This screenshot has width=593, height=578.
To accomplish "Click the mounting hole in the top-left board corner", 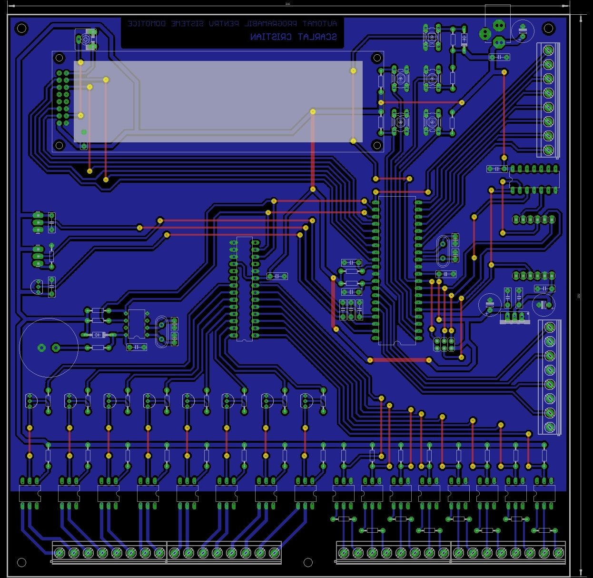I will coord(22,29).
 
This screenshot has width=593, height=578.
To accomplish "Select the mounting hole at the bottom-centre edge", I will coord(308,563).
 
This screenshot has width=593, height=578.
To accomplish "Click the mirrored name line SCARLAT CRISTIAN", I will coord(293,37).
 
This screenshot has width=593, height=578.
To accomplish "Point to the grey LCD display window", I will coord(218,101).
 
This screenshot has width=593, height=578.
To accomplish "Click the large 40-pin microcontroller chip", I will coord(397,270).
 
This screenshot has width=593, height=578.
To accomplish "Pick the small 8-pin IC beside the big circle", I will coord(137,324).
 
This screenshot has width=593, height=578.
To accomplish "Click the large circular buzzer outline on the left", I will coord(49,348).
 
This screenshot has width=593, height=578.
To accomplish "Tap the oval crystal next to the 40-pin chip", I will coord(443,251).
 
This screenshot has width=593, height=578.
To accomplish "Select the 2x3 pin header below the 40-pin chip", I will coord(444,344).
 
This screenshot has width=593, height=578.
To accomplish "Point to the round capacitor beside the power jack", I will coord(523,30).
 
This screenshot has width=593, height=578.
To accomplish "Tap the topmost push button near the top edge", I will coord(432,37).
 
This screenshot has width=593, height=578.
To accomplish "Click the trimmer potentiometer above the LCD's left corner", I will coord(87,39).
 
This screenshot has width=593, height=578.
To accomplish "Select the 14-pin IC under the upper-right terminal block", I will coord(534,179).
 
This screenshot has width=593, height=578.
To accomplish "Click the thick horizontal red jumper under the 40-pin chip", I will coord(399,360).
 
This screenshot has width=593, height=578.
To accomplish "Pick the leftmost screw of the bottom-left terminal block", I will coord(59,553).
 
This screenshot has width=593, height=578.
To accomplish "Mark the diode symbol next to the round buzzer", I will coord(99,335).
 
